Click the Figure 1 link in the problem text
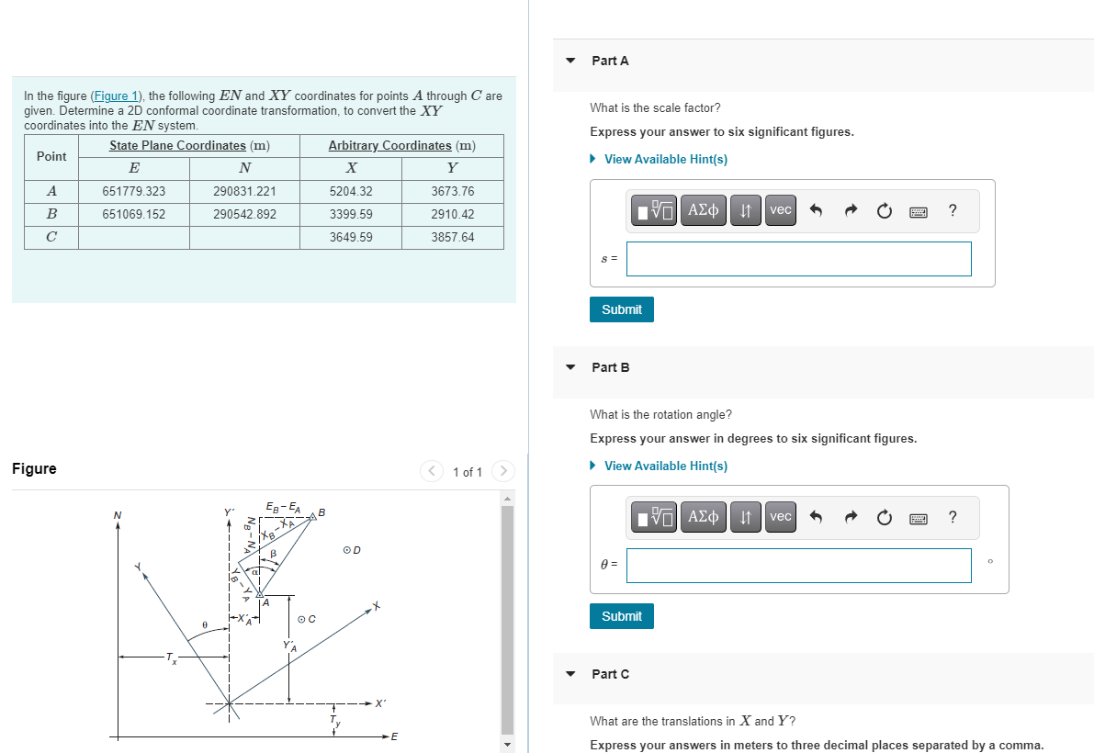(116, 96)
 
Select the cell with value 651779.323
(134, 192)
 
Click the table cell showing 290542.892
(244, 215)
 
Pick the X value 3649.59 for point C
(351, 238)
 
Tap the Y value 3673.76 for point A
(452, 192)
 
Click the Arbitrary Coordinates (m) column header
(401, 146)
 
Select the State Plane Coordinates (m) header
(189, 146)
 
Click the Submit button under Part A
(622, 309)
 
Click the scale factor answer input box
(798, 259)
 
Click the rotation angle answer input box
(798, 566)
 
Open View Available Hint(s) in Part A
(665, 160)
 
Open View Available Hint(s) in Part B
(665, 466)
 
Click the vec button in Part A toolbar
(780, 210)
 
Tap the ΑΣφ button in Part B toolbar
(703, 517)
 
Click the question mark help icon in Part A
(953, 210)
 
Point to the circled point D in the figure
(347, 550)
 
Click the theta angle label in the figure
(204, 624)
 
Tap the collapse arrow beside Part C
(570, 674)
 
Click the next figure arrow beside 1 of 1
(502, 472)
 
